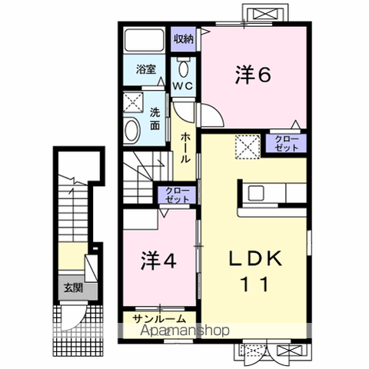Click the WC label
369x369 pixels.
tap(182, 86)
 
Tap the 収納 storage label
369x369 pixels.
tap(182, 38)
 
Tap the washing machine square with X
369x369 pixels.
tap(132, 102)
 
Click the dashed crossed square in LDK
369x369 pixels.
tap(247, 145)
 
